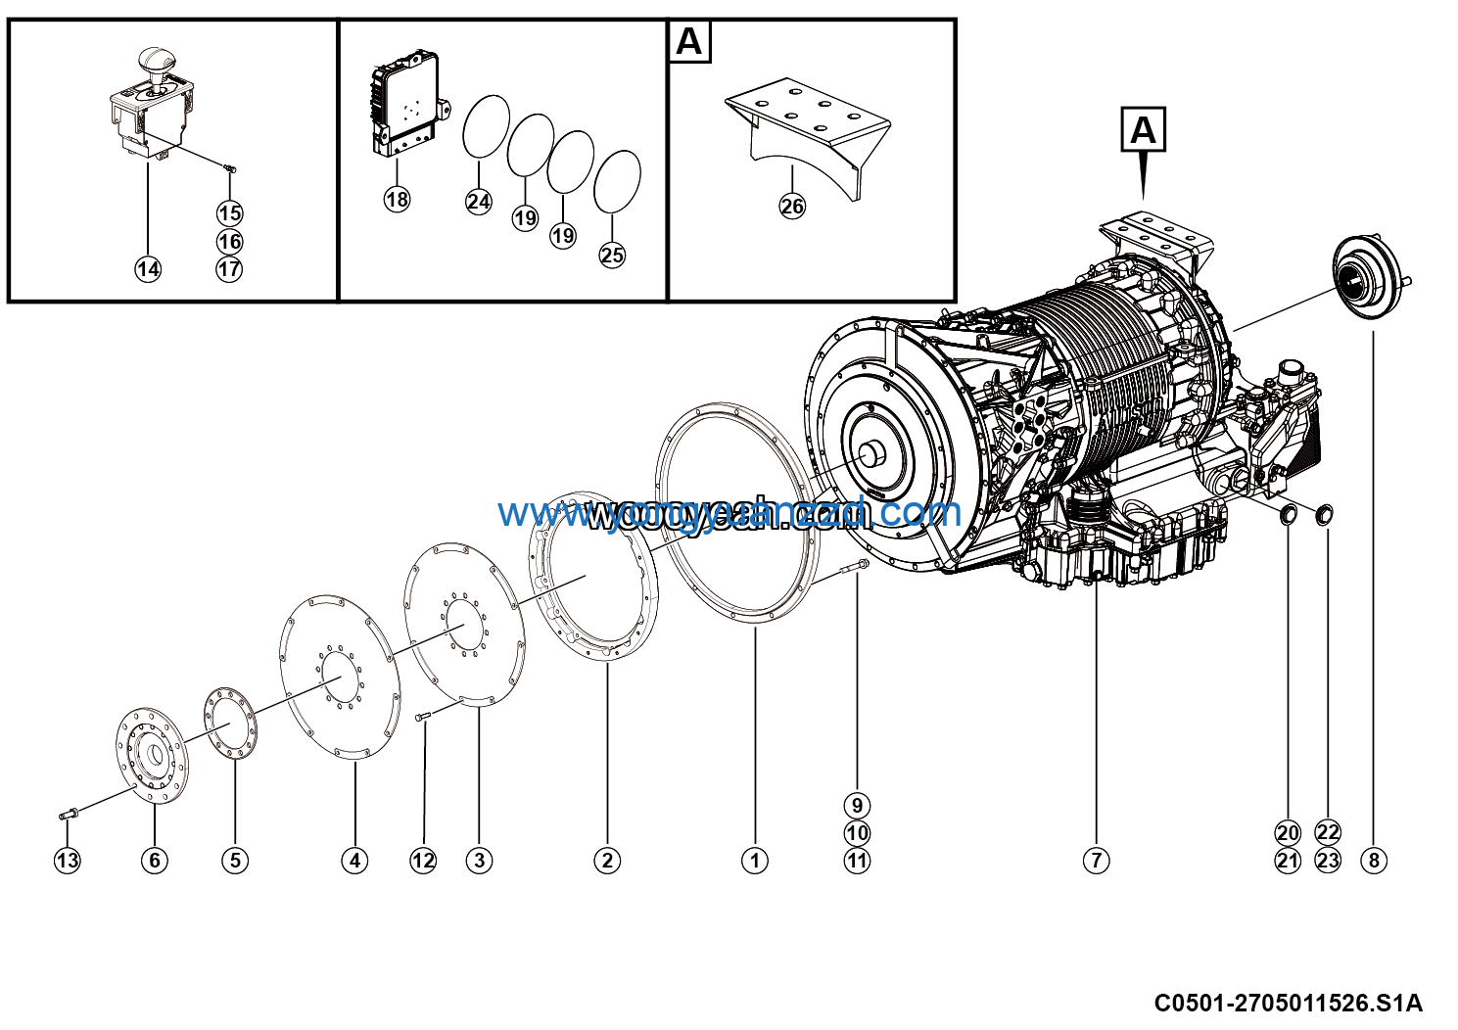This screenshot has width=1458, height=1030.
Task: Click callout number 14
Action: click(148, 269)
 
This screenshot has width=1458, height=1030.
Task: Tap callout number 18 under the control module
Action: click(397, 200)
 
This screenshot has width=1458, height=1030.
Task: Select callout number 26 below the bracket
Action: click(792, 206)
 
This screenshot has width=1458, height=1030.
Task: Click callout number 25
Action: click(612, 255)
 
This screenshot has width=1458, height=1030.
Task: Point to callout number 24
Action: click(478, 202)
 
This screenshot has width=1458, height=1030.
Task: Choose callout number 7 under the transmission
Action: click(1096, 861)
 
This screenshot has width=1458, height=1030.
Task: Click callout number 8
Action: click(1374, 861)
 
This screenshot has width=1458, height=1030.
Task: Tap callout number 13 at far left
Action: click(67, 861)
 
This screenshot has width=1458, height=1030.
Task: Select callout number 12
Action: click(423, 861)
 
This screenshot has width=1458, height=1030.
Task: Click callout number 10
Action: click(857, 833)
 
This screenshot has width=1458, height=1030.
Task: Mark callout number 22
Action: click(1328, 832)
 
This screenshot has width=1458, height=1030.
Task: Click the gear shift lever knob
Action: click(154, 61)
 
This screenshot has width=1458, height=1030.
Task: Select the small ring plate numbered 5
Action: click(231, 723)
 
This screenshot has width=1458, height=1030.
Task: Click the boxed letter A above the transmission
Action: click(1143, 129)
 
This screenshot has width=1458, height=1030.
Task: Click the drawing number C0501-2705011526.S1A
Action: click(1287, 1003)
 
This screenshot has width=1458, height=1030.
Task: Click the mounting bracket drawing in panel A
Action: click(808, 132)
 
